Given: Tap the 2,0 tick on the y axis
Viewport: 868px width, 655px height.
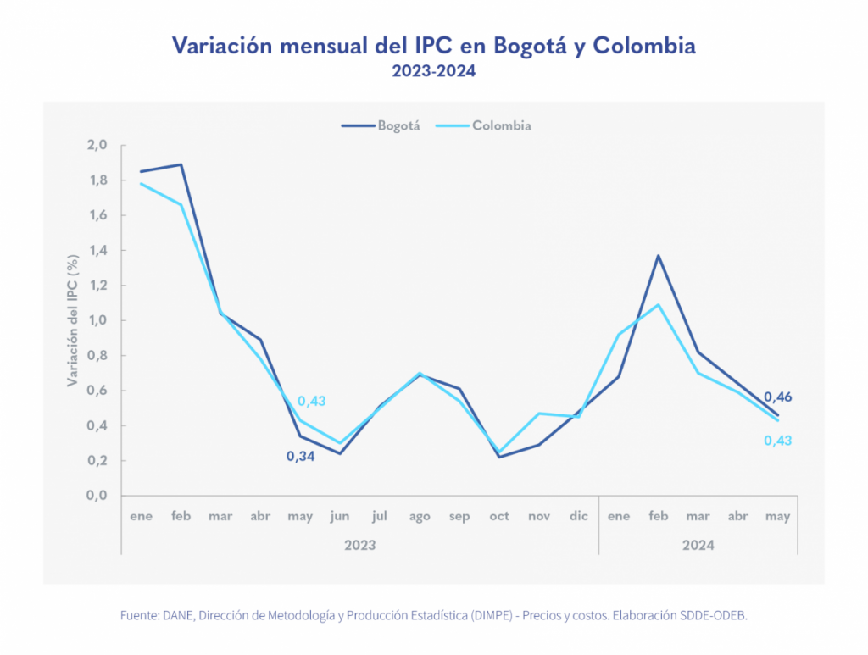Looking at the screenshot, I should (97, 145).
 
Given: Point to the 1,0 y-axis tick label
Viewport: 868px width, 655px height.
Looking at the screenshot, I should (97, 320).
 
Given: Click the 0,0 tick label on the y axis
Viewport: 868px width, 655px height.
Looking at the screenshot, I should (97, 496).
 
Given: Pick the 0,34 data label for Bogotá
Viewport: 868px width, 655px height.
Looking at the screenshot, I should (300, 457).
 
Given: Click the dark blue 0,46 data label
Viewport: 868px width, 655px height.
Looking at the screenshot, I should (777, 397).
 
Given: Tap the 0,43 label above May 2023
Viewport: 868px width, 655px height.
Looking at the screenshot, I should (311, 401).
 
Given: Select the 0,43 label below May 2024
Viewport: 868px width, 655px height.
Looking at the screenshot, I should (777, 441).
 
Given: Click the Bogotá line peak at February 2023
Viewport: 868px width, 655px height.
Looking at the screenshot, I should (181, 164).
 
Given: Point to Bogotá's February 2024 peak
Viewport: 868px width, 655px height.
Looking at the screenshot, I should (659, 255).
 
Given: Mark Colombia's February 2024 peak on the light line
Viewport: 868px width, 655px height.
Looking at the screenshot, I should (659, 304).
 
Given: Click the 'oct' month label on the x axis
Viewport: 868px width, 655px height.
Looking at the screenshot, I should (499, 516).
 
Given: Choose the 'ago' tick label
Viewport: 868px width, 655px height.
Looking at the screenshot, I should (420, 516).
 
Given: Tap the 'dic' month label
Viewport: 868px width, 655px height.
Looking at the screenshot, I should (579, 516).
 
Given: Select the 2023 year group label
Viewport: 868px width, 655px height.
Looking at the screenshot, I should (359, 545).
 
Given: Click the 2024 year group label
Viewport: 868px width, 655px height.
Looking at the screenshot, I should (698, 545).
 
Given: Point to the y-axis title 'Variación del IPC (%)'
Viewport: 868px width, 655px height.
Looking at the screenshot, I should (74, 320).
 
